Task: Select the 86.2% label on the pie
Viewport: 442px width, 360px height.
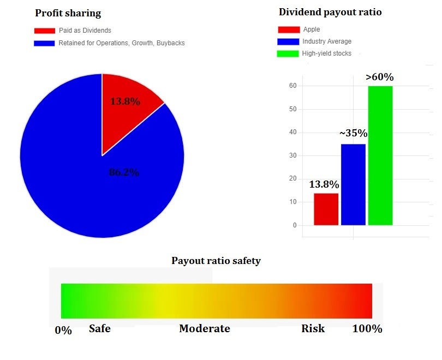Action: click(x=124, y=173)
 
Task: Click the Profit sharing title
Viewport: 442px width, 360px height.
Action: click(x=68, y=13)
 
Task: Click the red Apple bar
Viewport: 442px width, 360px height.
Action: click(x=326, y=209)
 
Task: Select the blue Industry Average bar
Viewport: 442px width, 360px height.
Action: click(x=353, y=184)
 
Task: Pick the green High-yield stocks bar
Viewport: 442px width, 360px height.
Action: click(x=380, y=155)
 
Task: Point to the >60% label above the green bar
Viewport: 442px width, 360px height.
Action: click(x=380, y=77)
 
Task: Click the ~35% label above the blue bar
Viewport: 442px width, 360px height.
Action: click(x=353, y=133)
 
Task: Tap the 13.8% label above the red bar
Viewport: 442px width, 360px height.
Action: click(x=324, y=184)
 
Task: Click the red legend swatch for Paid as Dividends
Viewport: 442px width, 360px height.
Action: click(x=45, y=31)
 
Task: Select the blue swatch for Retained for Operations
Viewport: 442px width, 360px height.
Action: click(x=45, y=43)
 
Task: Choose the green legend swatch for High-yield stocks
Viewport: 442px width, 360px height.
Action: click(x=288, y=53)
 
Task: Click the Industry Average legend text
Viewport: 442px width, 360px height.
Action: click(x=327, y=41)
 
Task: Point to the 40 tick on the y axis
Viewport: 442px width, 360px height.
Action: click(x=293, y=132)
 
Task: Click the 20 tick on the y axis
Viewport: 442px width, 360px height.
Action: click(x=293, y=178)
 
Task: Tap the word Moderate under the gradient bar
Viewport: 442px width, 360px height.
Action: click(x=205, y=328)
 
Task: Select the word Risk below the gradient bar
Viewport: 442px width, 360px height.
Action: click(x=313, y=328)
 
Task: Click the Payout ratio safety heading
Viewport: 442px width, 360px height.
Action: click(x=216, y=261)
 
